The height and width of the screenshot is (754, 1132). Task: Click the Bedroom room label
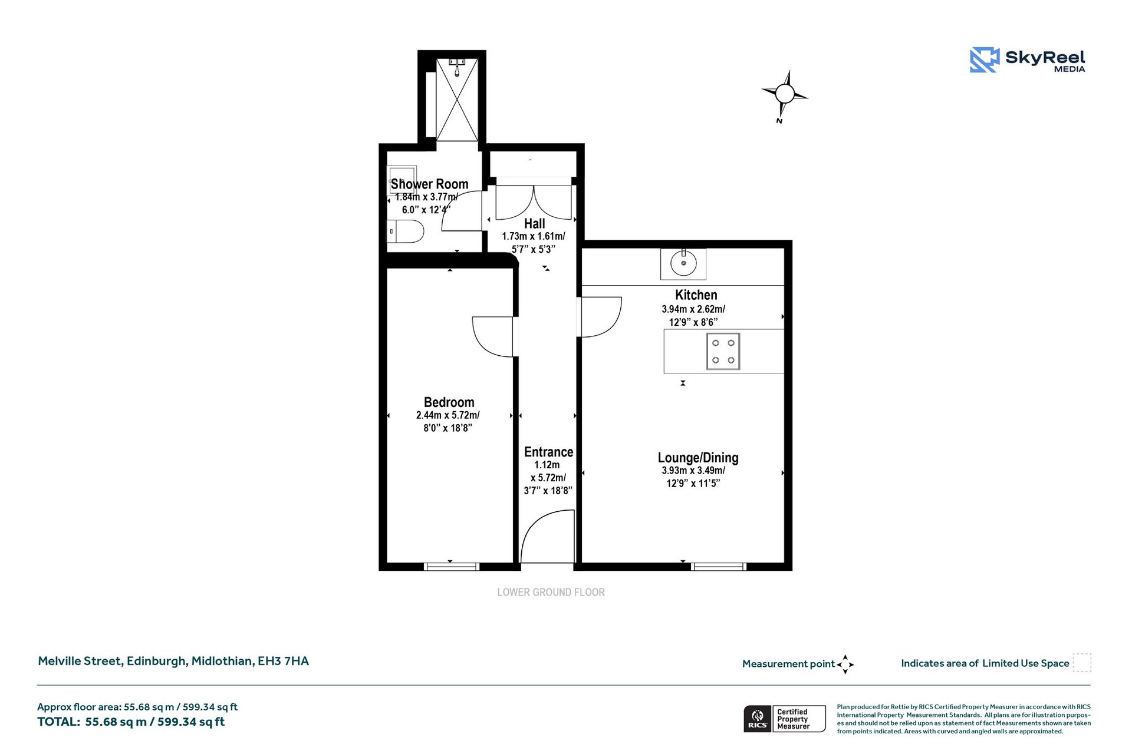tap(449, 402)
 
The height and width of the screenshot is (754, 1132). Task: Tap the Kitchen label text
tap(696, 295)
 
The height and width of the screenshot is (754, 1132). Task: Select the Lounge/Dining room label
tap(697, 458)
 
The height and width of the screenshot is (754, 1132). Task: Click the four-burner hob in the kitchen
tap(723, 352)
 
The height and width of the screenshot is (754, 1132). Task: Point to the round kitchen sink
tap(683, 263)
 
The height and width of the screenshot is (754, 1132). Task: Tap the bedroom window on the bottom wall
tap(452, 567)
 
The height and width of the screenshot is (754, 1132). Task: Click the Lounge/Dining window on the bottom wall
tap(719, 567)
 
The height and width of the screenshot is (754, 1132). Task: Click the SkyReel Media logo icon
tap(984, 60)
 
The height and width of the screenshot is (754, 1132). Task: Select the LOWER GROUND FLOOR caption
tap(551, 592)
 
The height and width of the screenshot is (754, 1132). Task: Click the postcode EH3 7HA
tap(283, 661)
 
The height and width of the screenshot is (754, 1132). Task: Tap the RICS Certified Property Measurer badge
tap(784, 719)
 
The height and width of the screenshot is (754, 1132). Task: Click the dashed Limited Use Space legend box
tap(1081, 663)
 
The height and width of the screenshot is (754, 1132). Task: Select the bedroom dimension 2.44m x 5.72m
tap(447, 415)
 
